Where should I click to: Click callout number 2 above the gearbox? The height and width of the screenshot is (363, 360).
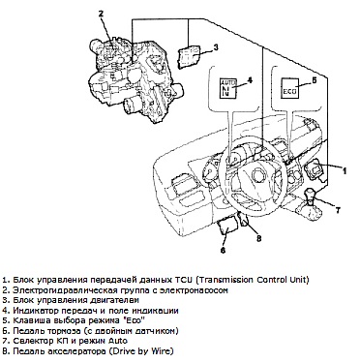(x=102, y=14)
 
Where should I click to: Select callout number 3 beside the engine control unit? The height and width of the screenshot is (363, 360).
(x=216, y=47)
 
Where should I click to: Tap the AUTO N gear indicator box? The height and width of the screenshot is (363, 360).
(x=227, y=87)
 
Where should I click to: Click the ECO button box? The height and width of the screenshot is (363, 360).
(x=289, y=88)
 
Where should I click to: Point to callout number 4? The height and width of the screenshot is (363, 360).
(x=249, y=79)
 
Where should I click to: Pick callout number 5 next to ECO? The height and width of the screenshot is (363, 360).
(x=315, y=79)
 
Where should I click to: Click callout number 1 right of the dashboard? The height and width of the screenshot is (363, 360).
(x=345, y=170)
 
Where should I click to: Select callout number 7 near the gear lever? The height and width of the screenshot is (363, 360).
(x=338, y=210)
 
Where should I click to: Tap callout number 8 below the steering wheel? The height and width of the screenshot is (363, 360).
(x=258, y=238)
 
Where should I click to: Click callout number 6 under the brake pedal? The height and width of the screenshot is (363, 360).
(x=223, y=250)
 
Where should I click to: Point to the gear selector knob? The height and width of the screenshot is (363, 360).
(x=309, y=194)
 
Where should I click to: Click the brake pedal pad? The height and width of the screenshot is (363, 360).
(x=227, y=227)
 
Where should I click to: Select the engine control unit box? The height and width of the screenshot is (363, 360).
(x=190, y=56)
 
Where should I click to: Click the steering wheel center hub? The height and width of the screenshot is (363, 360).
(x=256, y=175)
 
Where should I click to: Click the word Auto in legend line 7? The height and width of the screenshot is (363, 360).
(x=119, y=341)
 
